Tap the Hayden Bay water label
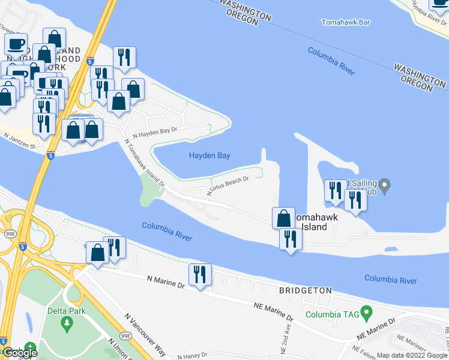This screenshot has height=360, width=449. pos(209,155)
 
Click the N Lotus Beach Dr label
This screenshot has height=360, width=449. pos(228,185)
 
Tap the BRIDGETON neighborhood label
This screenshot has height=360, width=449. pos(305,290)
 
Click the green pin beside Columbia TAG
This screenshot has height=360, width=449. pos(368,313)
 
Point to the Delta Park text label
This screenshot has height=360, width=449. pos(67,311)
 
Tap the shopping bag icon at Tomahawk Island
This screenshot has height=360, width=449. pos(283,217)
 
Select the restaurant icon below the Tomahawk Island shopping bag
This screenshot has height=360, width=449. pos(291,239)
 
